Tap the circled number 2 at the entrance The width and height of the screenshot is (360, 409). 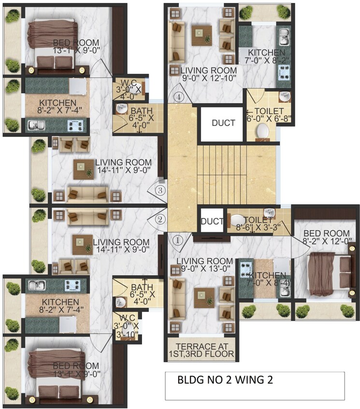coord(160,220)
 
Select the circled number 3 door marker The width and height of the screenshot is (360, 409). coord(160,190)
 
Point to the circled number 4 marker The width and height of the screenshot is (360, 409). coord(180,97)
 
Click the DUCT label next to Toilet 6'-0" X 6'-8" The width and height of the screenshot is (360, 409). coord(224,123)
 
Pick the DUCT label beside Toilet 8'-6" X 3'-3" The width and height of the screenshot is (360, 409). coord(212,222)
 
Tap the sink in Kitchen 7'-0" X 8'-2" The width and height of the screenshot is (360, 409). coord(283,34)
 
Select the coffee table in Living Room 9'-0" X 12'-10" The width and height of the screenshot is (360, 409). coord(202,35)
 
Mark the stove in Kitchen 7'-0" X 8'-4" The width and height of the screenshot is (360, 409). coord(246,268)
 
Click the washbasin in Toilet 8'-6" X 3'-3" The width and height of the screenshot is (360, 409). coord(269,213)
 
